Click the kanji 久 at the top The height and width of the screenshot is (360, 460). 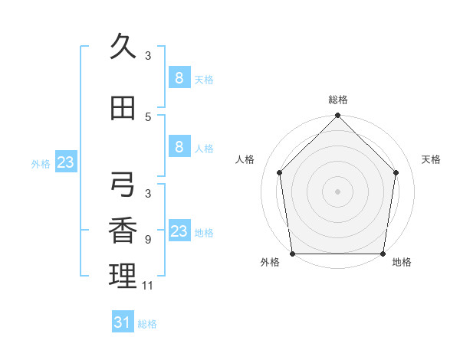tap(123, 47)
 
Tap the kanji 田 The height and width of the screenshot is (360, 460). tap(123, 109)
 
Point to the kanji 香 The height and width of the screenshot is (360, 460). tap(123, 231)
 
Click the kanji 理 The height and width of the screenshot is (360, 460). tap(123, 276)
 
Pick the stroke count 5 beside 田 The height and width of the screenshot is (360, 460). tap(148, 116)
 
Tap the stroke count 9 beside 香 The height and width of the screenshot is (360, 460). tap(148, 240)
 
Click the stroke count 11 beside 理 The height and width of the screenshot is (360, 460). tap(148, 286)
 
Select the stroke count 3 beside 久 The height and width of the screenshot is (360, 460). tap(148, 55)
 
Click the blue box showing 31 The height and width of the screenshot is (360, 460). tap(123, 322)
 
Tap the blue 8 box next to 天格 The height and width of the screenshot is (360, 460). tap(179, 77)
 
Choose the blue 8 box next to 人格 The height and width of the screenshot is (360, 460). tap(179, 147)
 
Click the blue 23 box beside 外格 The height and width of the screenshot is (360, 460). tap(65, 162)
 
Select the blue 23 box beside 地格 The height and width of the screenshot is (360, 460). tap(179, 231)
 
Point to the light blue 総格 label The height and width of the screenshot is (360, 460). tap(147, 324)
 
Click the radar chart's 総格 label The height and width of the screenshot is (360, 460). tap(337, 100)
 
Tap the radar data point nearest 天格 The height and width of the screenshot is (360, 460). tap(396, 172)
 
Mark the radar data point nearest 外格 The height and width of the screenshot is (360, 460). tap(292, 254)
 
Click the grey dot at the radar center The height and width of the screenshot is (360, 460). tap(337, 191)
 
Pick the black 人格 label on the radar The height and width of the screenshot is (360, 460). tap(245, 159)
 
